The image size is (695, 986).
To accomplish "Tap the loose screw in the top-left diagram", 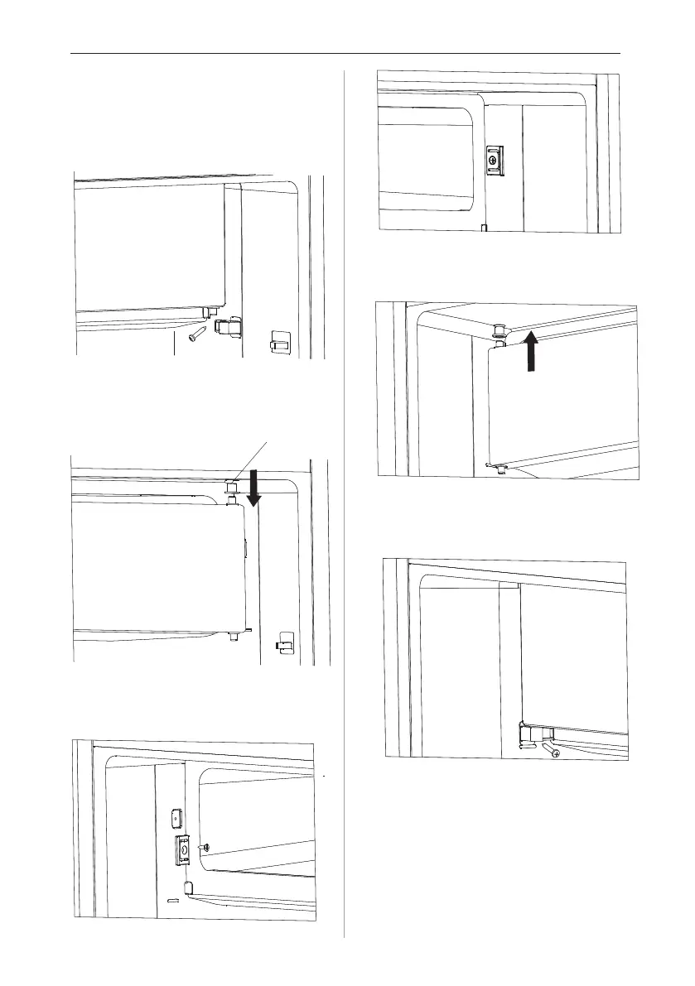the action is tap(198, 333).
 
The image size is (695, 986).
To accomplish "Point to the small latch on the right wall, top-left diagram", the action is tap(280, 340).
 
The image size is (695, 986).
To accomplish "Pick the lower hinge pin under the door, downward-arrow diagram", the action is tap(230, 635).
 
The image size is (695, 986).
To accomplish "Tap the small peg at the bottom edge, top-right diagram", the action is tap(484, 226).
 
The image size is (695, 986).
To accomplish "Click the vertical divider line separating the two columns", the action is tap(345, 497).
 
